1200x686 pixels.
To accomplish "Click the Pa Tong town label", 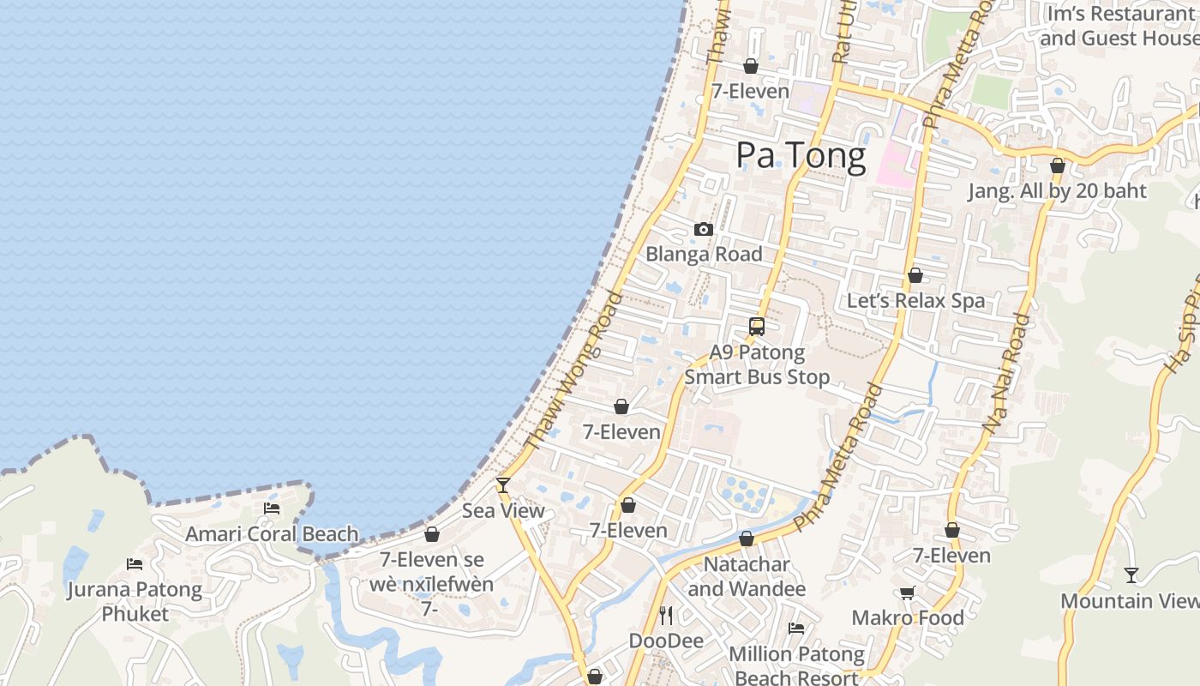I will (x=801, y=156).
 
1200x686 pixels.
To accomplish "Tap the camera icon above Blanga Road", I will (x=704, y=229).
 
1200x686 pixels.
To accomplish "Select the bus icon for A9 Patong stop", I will (x=757, y=327).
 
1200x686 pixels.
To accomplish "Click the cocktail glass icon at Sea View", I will (x=503, y=485).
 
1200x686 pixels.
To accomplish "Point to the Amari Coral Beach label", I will (x=272, y=534).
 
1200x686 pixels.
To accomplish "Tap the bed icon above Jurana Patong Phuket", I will (x=135, y=563).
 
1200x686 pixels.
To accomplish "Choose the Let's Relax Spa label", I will (x=915, y=301).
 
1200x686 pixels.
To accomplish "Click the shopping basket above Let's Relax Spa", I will (x=915, y=276).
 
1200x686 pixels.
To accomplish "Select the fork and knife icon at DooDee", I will (x=666, y=615).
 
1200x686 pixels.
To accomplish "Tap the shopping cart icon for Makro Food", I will (x=907, y=593).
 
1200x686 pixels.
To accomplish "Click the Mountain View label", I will (x=1130, y=601).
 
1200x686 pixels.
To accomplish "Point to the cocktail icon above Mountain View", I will (x=1131, y=575).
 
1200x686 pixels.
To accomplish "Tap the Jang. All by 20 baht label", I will (x=1057, y=190).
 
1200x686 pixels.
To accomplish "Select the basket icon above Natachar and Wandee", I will (x=747, y=539).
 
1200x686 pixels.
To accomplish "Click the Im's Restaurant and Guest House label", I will (x=1119, y=27).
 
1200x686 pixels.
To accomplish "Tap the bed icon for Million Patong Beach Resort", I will (x=796, y=629).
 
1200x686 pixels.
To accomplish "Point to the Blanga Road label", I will (x=704, y=254).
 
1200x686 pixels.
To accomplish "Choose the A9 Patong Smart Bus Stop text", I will (x=757, y=364).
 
